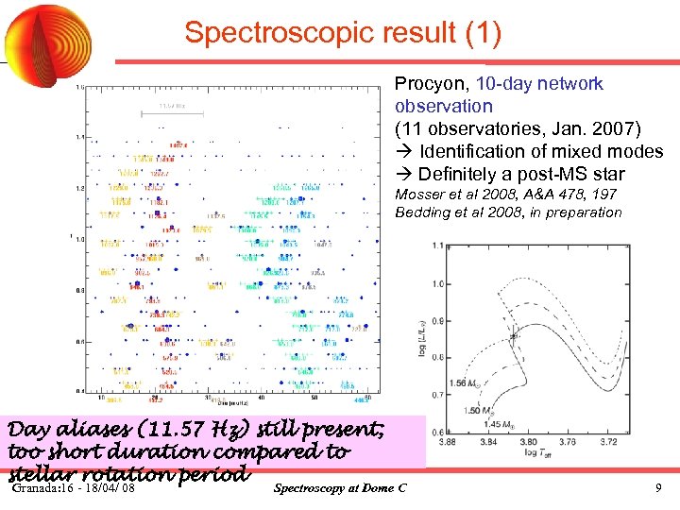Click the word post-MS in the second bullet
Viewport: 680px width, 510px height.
pyautogui.click(x=550, y=175)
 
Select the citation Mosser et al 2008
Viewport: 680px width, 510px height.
pyautogui.click(x=456, y=195)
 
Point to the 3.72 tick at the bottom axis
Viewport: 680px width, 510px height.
pyautogui.click(x=637, y=440)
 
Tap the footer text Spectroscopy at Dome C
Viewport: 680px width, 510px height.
pyautogui.click(x=339, y=488)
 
